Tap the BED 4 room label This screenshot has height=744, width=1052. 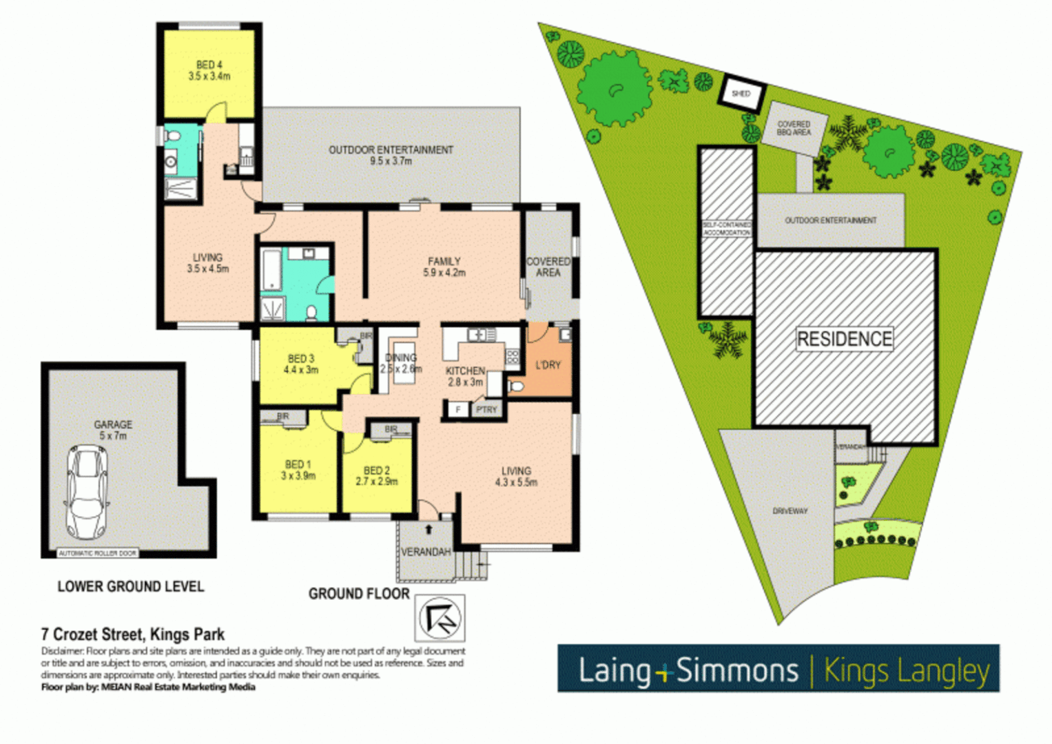click(209, 65)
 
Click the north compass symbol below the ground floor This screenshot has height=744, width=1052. click(440, 617)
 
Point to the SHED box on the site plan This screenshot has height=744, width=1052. click(741, 93)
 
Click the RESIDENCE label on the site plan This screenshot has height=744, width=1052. click(844, 339)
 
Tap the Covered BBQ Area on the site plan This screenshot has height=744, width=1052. click(794, 128)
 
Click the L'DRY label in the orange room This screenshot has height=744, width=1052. click(548, 365)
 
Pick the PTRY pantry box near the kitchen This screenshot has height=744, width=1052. click(486, 409)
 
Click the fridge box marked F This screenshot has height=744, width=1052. click(457, 409)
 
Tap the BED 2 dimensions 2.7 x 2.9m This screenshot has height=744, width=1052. click(377, 482)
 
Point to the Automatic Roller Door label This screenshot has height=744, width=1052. click(98, 553)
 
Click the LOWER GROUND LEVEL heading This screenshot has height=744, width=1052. click(130, 587)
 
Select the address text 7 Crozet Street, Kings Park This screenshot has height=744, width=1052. click(133, 634)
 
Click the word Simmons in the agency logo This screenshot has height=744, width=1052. click(736, 670)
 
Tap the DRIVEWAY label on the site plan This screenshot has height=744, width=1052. click(790, 511)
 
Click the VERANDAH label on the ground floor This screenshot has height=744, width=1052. click(426, 552)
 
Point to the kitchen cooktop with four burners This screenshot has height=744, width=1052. click(512, 357)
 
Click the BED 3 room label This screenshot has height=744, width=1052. click(301, 359)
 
